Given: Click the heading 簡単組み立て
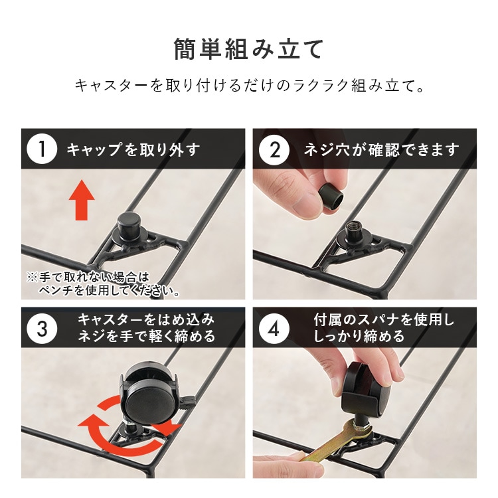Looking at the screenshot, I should point(248,49).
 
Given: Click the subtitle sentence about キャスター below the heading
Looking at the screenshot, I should point(248,86).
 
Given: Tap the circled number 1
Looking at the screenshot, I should point(42,149).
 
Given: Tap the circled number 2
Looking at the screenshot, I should point(274,149).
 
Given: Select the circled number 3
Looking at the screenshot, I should point(42,329).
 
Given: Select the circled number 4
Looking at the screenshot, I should point(274,329).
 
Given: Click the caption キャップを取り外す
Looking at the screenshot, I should point(133,149).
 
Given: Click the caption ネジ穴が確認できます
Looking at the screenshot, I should point(381,149).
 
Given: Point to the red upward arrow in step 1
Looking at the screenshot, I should point(81,201).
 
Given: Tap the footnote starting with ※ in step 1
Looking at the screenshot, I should point(102,283).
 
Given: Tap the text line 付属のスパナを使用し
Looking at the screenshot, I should point(384,320).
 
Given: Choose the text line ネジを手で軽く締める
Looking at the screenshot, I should point(146,337).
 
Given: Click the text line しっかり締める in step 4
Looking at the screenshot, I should point(359,337).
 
